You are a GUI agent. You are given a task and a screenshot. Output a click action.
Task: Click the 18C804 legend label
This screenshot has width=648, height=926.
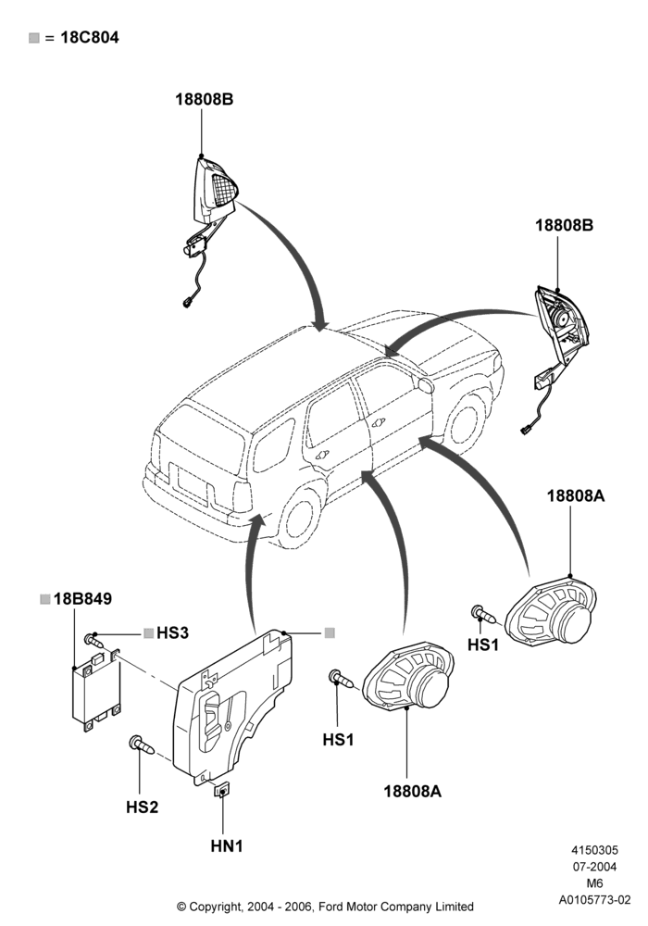[x=90, y=38]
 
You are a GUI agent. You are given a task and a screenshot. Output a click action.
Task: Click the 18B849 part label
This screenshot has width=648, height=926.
[x=82, y=599]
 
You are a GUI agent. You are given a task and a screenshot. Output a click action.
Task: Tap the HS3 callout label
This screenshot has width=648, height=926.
[x=172, y=633]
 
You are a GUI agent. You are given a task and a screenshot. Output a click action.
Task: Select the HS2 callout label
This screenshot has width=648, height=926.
[x=143, y=807]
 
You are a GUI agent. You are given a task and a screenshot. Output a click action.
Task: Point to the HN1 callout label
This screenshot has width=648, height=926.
[x=227, y=846]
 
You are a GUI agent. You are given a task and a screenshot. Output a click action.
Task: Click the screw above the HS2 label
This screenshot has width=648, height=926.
[x=143, y=745]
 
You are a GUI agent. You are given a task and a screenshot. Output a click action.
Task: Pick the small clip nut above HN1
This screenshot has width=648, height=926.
[x=222, y=790]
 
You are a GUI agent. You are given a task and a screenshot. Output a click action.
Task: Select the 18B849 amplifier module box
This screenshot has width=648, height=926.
[x=96, y=691]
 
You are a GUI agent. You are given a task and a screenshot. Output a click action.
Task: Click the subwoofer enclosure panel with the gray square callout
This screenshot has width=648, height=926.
[x=232, y=707]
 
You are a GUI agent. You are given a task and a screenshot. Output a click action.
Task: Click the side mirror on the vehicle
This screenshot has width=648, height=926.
[x=426, y=384]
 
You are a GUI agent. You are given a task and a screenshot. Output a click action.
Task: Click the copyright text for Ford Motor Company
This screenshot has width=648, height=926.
[x=325, y=906]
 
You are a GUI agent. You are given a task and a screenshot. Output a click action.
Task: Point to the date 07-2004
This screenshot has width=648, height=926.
[x=594, y=867]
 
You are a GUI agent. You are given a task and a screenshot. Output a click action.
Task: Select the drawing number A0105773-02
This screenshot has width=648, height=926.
[x=595, y=900]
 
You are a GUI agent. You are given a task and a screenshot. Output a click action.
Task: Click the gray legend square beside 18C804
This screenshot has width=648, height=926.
[x=34, y=38]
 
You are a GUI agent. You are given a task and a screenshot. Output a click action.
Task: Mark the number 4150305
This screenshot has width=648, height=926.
[x=594, y=850]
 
